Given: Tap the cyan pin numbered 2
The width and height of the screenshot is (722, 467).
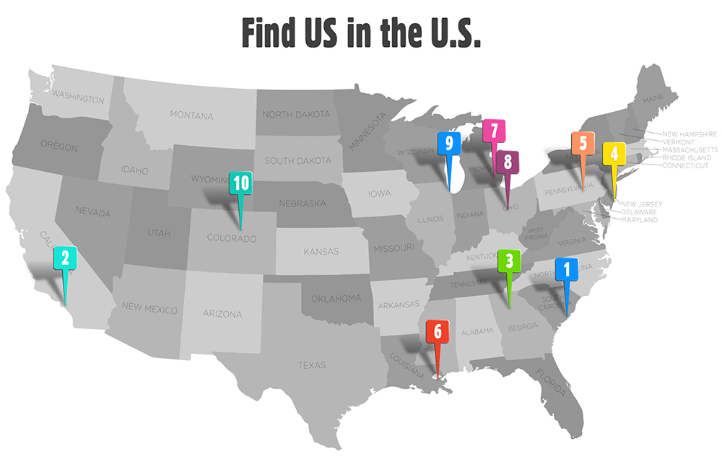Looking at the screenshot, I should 65,258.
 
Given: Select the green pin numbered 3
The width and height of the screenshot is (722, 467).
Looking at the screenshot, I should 509,261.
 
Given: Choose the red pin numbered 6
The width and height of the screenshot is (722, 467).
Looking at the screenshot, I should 438,332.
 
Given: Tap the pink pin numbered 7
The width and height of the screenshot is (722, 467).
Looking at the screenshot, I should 494,131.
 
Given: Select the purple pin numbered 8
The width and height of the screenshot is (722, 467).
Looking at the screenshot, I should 508,162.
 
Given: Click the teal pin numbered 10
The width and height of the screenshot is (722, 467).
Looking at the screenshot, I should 240,183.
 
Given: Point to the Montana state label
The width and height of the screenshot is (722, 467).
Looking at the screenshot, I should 191,115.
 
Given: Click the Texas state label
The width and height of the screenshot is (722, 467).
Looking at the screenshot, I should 312,365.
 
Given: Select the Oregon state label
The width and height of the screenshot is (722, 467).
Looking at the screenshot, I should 59,147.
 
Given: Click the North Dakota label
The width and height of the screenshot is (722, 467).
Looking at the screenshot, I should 296,114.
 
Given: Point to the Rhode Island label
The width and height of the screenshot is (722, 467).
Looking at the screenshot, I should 687,157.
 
